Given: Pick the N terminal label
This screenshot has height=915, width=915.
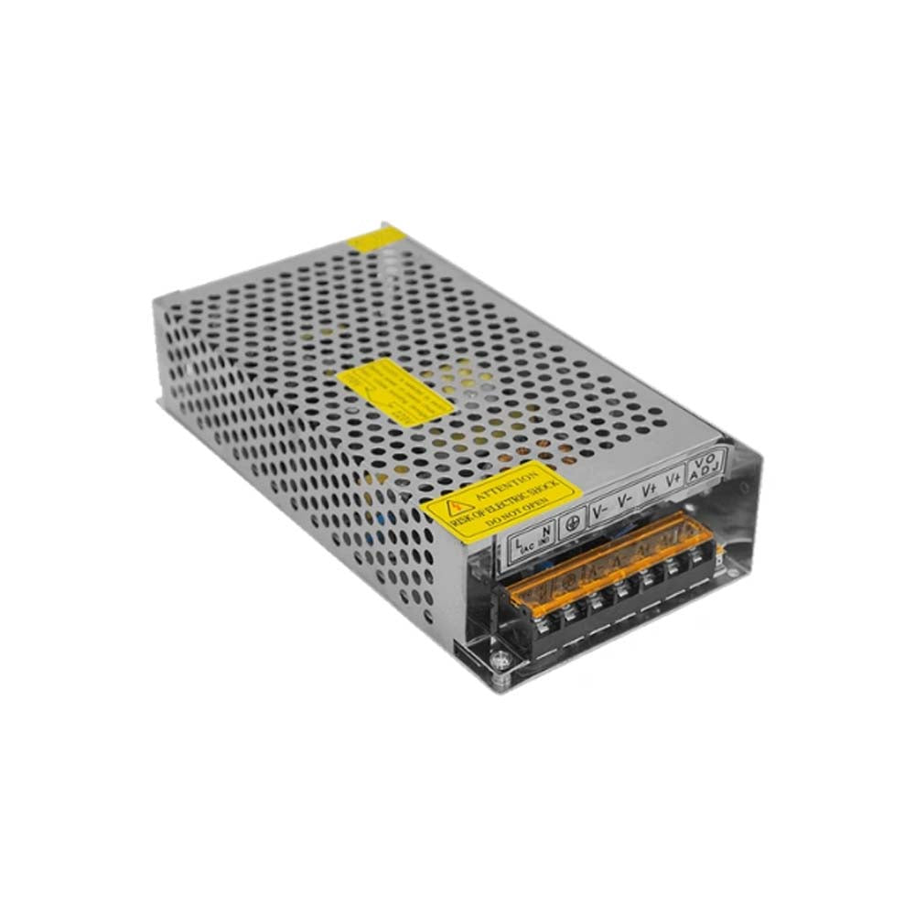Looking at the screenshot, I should [545, 529].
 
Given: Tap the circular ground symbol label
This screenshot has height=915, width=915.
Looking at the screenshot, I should [575, 517].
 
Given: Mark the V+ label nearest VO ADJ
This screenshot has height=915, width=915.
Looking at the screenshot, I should [674, 479].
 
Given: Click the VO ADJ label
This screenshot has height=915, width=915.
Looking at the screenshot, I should [707, 464].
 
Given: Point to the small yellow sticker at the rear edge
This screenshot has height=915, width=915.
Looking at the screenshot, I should [377, 240].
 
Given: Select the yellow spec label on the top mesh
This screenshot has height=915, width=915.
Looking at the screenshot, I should [393, 392].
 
